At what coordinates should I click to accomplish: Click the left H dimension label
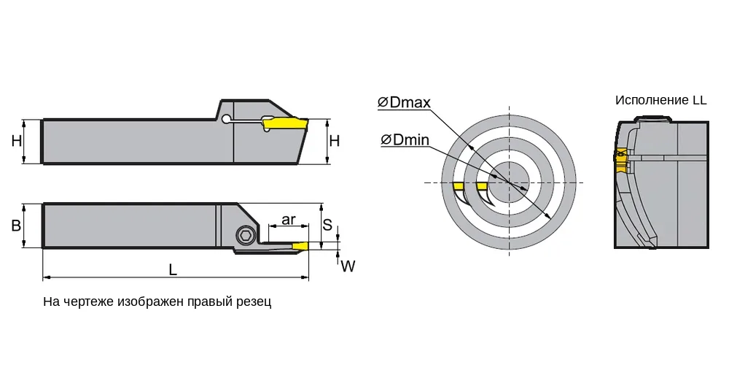click(x=17, y=141)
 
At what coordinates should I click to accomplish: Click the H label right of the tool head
click(x=335, y=141)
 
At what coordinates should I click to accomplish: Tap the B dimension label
click(x=16, y=226)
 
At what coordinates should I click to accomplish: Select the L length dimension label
click(x=173, y=269)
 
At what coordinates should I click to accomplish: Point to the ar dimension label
click(x=288, y=219)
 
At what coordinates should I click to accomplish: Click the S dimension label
click(x=328, y=224)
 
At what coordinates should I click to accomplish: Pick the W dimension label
click(x=348, y=266)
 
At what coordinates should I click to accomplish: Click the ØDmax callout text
click(x=404, y=103)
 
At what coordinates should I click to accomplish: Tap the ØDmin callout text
click(x=405, y=139)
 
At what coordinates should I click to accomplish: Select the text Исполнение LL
click(x=660, y=100)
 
